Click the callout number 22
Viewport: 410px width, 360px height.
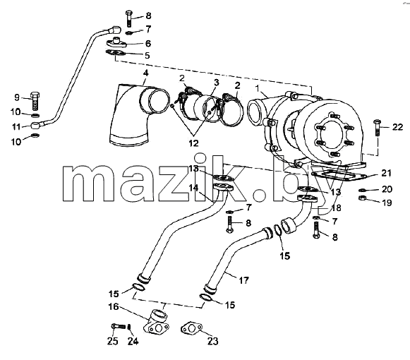397,128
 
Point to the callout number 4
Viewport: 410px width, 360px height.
145,73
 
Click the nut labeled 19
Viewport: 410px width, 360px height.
363,198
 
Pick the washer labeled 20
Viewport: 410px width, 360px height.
363,189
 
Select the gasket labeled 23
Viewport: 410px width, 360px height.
192,329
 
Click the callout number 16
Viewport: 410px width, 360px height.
114,306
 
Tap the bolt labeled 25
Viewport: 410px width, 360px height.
119,326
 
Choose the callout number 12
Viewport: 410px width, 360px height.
194,143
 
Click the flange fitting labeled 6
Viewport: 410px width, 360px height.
116,43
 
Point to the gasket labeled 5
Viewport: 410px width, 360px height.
115,53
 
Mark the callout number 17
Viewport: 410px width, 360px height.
243,281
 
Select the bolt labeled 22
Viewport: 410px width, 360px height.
377,128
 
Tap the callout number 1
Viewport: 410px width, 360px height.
258,88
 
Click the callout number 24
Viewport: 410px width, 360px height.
133,341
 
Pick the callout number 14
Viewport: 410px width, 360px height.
193,188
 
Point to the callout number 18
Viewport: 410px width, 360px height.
336,208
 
